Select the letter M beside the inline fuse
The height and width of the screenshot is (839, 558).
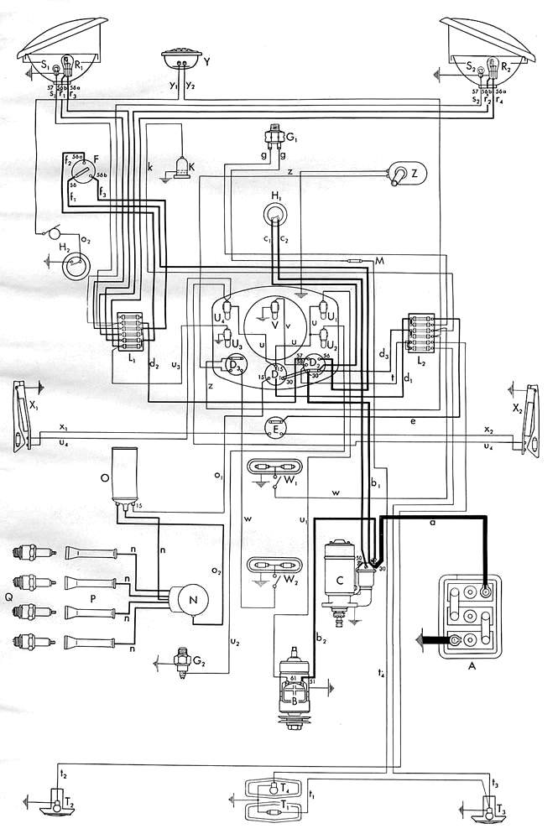(x=379, y=263)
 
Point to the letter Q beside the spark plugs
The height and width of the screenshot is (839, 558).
(x=9, y=599)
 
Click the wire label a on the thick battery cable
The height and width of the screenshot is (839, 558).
(x=432, y=523)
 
